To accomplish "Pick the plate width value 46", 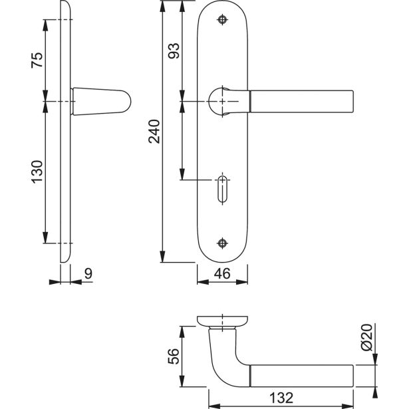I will tap(222, 272).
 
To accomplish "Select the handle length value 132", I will tap(282, 398).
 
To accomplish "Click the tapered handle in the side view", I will tap(100, 101).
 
